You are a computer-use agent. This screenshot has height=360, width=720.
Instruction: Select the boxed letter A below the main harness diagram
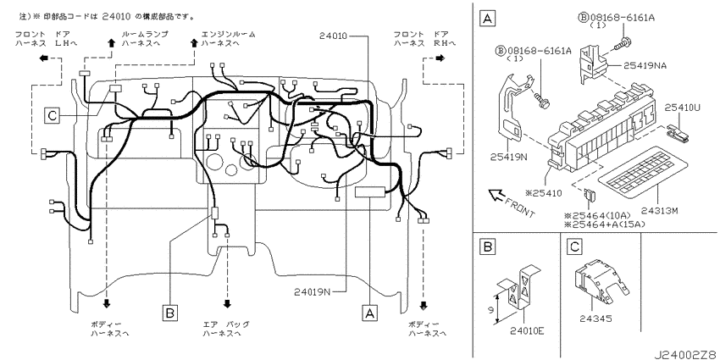pyautogui.click(x=369, y=312)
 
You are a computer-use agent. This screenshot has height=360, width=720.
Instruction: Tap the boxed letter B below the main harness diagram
pyautogui.click(x=170, y=313)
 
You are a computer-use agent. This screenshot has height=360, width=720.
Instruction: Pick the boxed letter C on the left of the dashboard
pyautogui.click(x=53, y=115)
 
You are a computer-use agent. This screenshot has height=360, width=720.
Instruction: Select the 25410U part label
pyautogui.click(x=683, y=108)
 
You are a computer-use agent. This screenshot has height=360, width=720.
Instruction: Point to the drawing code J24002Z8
pyautogui.click(x=684, y=350)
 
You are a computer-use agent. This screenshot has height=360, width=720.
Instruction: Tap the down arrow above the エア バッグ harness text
pyautogui.click(x=227, y=302)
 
